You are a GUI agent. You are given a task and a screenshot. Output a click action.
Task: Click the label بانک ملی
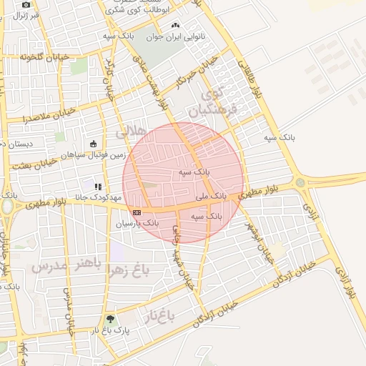[211, 194]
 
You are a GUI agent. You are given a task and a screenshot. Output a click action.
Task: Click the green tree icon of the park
[110, 320]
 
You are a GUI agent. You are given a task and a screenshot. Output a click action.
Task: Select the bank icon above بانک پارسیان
[137, 212]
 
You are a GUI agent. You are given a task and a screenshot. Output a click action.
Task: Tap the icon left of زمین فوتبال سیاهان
[94, 144]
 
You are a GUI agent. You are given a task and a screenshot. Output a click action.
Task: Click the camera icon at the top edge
[26, 4]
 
